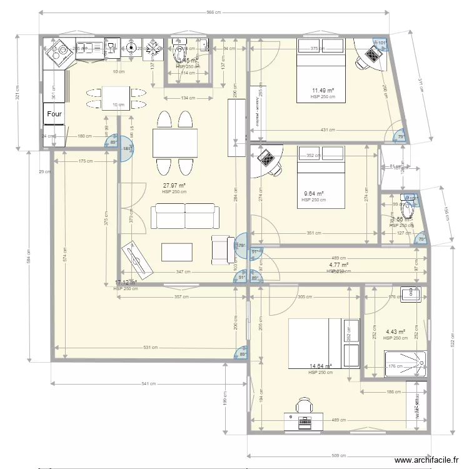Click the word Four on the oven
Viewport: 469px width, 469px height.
(54, 114)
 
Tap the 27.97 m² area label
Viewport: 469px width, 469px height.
(174, 186)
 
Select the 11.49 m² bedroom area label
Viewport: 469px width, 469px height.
(323, 91)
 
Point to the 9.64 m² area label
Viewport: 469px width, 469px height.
(314, 194)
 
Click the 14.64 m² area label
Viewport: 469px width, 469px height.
(321, 367)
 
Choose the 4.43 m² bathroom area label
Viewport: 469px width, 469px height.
(395, 332)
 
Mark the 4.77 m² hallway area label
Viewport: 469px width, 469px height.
(339, 265)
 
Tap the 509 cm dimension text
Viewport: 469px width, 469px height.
(338, 455)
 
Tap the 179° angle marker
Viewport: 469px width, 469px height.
(241, 245)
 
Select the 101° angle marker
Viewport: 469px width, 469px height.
(382, 43)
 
